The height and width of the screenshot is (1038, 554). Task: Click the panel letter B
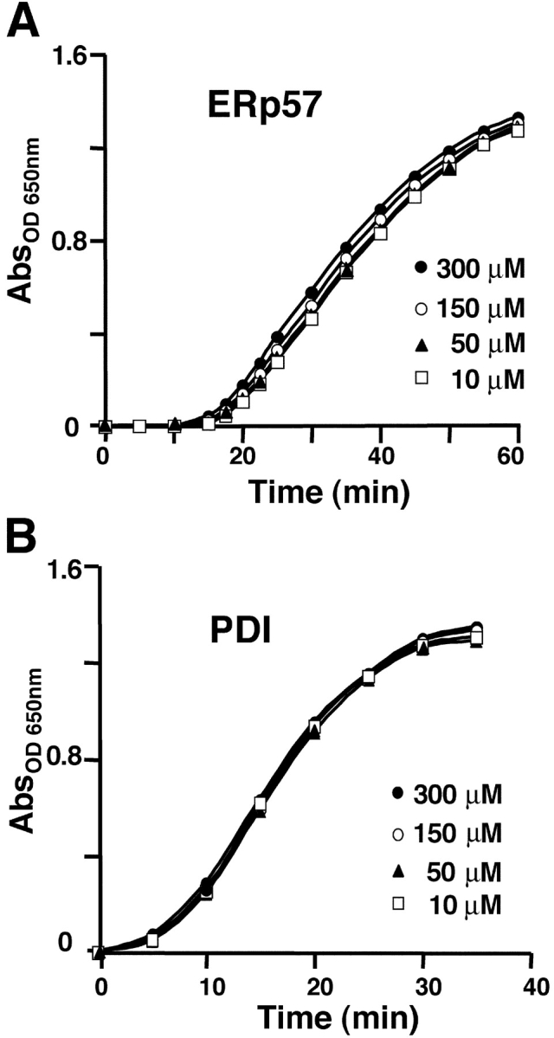tap(23, 537)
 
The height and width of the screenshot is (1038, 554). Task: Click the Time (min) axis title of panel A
tap(328, 493)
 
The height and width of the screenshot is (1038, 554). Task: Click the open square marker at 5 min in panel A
tap(139, 426)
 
